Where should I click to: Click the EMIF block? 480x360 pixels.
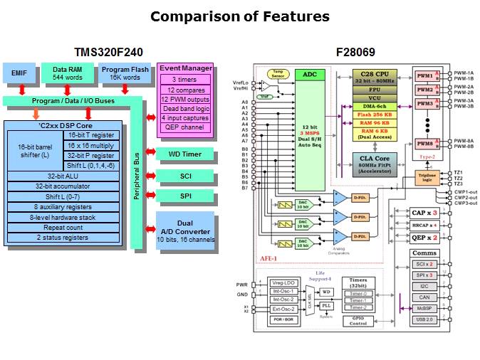pos(19,73)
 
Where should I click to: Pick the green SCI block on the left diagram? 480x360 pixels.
pos(174,175)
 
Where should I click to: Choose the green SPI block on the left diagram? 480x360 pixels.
pos(174,196)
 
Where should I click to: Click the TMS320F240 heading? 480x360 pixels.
pos(108,52)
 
